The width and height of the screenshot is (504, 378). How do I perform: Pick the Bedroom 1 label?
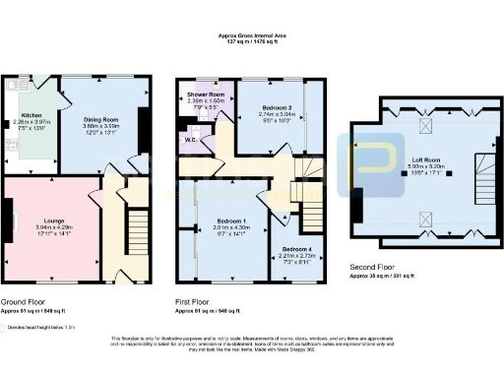coord(229,221)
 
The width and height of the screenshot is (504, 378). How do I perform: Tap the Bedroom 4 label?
coord(298,250)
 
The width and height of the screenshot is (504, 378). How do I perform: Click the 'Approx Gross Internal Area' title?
coord(253,35)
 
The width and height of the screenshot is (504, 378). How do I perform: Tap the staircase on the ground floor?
coord(135,231)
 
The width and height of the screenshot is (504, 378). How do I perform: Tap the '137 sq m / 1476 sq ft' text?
coord(253,43)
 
